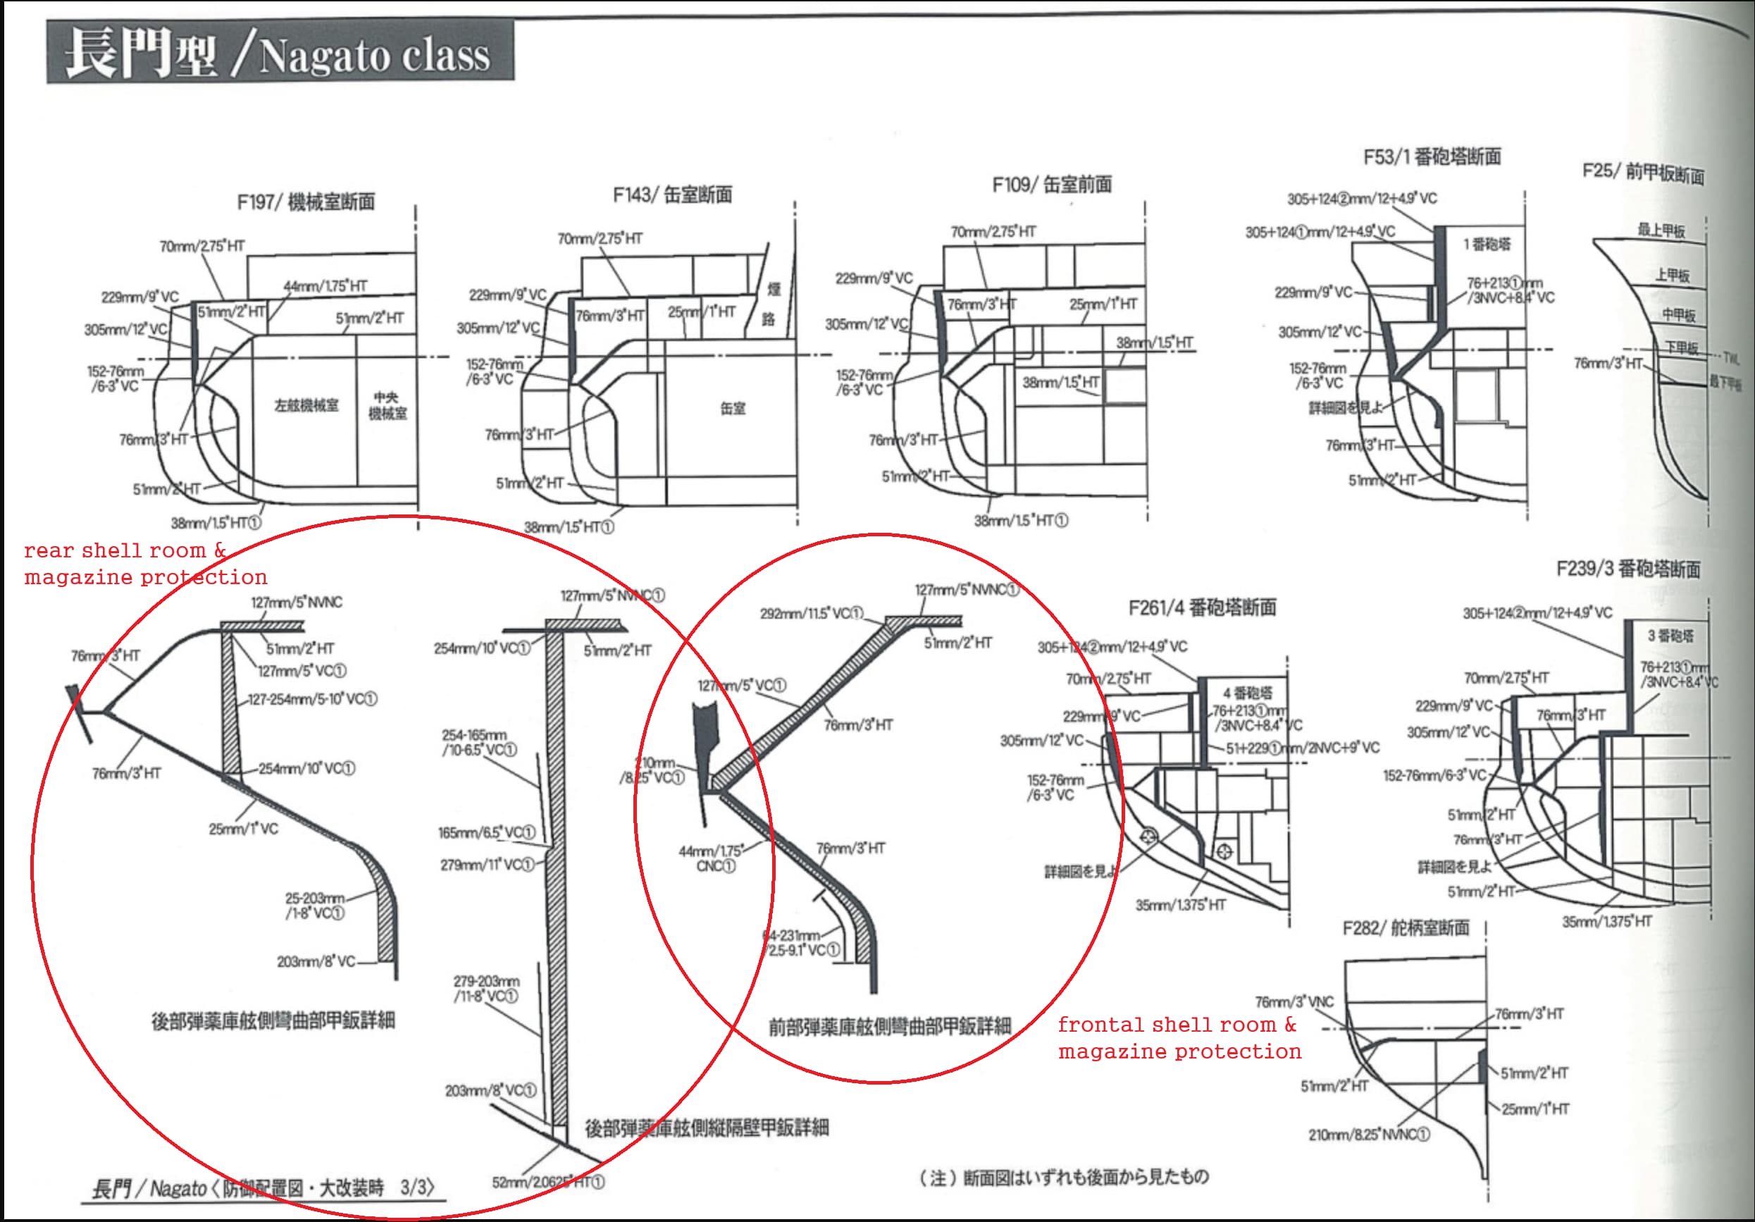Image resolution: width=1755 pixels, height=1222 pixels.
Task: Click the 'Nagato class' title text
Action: point(375,55)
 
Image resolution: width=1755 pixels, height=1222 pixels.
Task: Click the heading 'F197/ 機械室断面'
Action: point(306,202)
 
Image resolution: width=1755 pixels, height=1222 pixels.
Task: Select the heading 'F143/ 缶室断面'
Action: point(672,195)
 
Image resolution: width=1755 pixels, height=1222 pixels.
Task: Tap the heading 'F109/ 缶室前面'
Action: point(1052,185)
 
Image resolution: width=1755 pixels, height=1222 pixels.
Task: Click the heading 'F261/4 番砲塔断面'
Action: point(1202,608)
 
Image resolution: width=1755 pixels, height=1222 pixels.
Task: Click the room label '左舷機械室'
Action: point(306,405)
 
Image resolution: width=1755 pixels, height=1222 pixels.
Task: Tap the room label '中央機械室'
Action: point(387,405)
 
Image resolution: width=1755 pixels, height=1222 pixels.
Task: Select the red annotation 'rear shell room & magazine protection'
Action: point(145,564)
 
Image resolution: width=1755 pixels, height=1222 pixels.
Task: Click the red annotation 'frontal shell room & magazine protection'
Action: point(1179,1037)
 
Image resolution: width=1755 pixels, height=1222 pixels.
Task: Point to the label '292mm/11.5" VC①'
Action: point(812,613)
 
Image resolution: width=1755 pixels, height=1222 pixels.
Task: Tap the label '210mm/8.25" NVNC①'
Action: point(1368,1135)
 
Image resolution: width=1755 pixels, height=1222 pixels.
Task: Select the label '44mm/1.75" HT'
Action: point(325,287)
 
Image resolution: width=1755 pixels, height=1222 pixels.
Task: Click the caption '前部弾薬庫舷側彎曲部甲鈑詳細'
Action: point(890,1026)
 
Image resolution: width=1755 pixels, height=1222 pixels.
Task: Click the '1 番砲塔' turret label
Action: point(1487,245)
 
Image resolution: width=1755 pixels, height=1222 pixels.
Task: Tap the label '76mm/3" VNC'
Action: point(1294,1001)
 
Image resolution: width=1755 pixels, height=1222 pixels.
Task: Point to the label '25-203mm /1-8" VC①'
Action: point(315,906)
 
